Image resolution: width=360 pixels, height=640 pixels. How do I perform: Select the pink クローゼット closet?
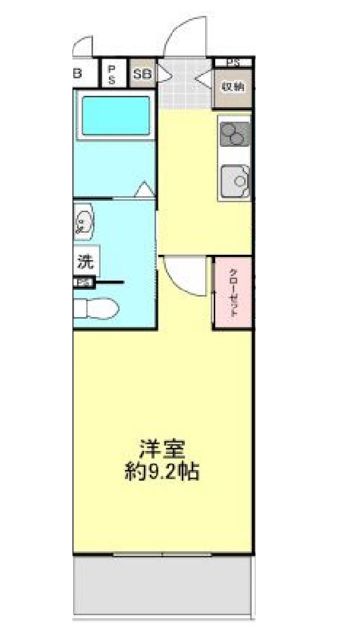coord(230,293)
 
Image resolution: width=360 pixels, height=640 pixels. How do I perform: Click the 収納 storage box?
coord(233,86)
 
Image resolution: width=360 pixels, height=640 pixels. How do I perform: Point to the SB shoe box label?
coord(142,74)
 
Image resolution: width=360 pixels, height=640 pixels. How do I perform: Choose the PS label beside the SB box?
coord(113,74)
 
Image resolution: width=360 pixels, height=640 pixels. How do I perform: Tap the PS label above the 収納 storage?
coord(233,62)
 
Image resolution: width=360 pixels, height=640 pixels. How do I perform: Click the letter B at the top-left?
coord(78,73)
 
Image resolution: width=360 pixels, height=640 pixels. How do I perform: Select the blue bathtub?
coord(115,117)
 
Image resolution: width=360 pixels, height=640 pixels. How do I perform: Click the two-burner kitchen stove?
coord(235,134)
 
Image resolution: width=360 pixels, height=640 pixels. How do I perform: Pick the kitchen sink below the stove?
coord(236,180)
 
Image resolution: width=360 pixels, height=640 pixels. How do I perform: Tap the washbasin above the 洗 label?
coord(82,222)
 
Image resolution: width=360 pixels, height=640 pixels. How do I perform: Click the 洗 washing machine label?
coord(86,263)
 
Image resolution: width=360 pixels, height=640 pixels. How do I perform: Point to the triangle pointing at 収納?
coord(204,84)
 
